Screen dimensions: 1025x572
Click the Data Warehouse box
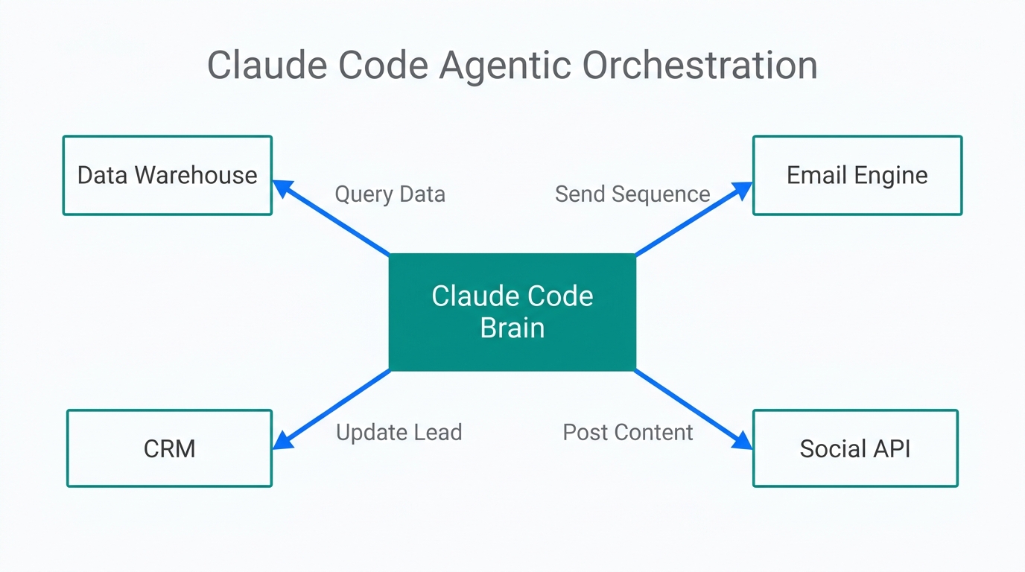pos(167,176)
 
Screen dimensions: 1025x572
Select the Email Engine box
pos(857,176)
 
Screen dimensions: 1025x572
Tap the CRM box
pos(169,448)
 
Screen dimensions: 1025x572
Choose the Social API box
pos(854,448)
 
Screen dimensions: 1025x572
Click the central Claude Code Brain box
pos(512,312)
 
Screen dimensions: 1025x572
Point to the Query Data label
pos(390,194)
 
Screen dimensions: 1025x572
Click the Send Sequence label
pos(632,194)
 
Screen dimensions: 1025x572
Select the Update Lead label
pos(399,432)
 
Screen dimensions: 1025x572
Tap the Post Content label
pos(627,432)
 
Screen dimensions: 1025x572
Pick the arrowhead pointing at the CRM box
pos(282,441)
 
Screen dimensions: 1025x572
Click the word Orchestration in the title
pos(699,66)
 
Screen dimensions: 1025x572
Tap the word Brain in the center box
pos(512,328)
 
